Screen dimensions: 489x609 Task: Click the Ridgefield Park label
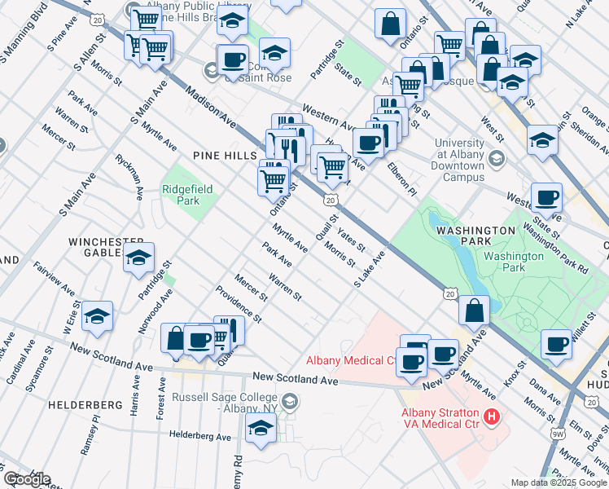187,195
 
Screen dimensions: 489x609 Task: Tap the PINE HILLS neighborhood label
225,155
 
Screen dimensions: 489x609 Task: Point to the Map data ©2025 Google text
559,482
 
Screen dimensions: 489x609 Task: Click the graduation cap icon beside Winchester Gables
139,258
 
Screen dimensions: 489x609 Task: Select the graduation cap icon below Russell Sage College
261,428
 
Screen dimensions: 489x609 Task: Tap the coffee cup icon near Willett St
556,344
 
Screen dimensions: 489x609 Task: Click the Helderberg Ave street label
200,436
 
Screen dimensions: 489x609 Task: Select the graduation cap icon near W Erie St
98,316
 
